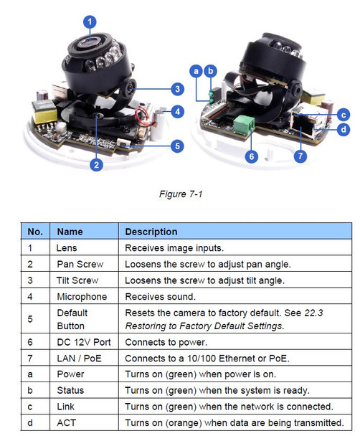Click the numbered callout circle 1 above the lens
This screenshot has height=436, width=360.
pos(90,22)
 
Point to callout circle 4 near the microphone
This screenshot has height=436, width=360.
pos(177,111)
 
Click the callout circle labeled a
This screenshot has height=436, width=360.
pos(196,71)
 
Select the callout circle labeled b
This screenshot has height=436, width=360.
pos(210,71)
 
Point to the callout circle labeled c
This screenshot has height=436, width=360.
pos(344,114)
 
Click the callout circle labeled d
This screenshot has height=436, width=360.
pos(344,129)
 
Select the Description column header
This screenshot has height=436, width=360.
pos(151,232)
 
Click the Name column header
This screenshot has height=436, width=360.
pos(70,232)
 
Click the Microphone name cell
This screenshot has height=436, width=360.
pos(82,296)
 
